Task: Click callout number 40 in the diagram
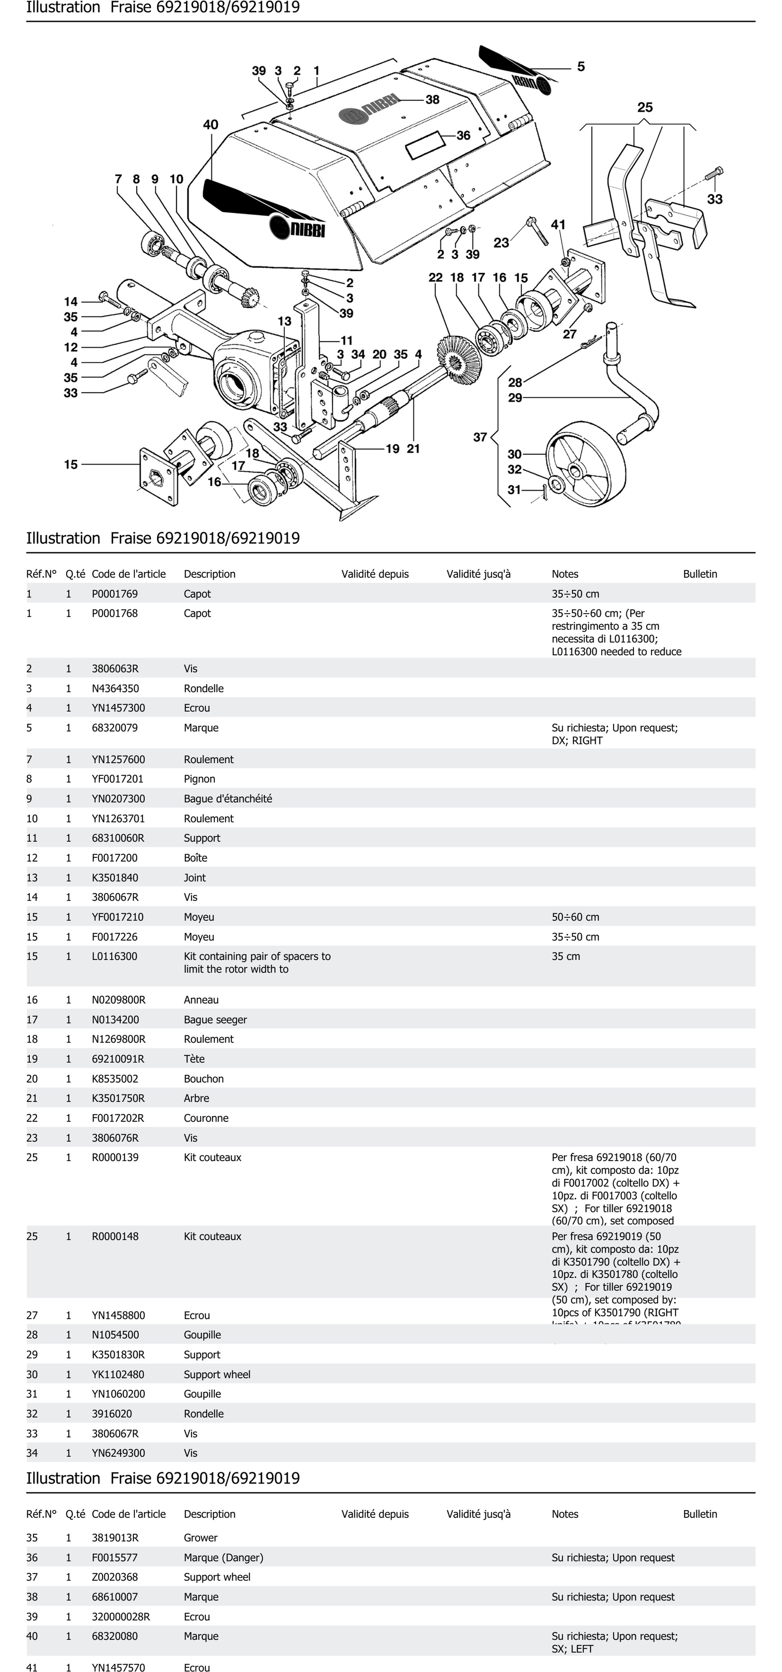[210, 125]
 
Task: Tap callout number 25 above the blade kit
[644, 108]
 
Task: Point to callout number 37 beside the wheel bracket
[479, 437]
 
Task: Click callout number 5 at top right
[581, 66]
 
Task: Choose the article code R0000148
[115, 1236]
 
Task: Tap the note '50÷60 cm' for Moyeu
[575, 917]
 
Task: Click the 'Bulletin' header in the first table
[700, 574]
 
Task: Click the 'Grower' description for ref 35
[201, 1538]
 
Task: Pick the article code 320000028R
[121, 1617]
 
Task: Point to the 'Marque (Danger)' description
[223, 1558]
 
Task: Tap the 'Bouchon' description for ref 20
[204, 1079]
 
